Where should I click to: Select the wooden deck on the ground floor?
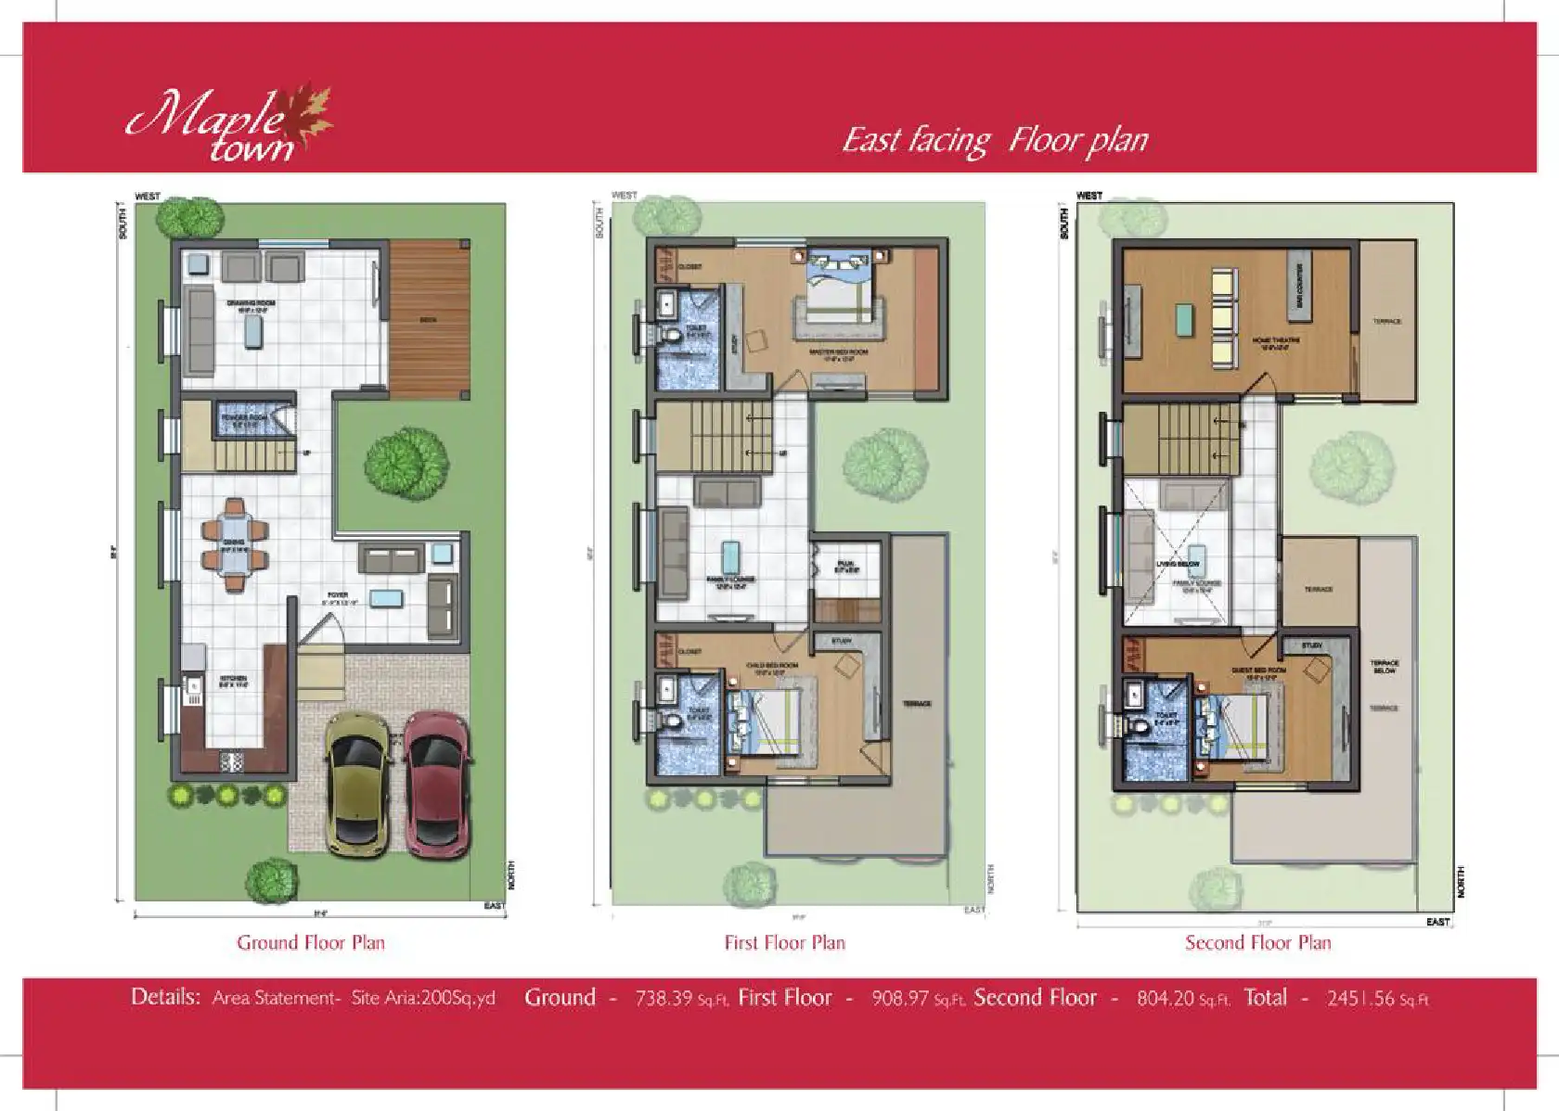428,316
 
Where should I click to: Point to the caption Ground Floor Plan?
311,943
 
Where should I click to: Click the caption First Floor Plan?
785,943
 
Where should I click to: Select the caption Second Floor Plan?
1257,943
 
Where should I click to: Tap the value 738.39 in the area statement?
664,999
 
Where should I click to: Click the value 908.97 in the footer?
900,999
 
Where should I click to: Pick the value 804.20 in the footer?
1166,999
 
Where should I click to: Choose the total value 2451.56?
1360,999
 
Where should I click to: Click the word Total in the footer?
1265,998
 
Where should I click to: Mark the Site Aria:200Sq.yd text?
423,999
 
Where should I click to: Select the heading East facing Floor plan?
995,140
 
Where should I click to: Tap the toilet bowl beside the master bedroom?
673,335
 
